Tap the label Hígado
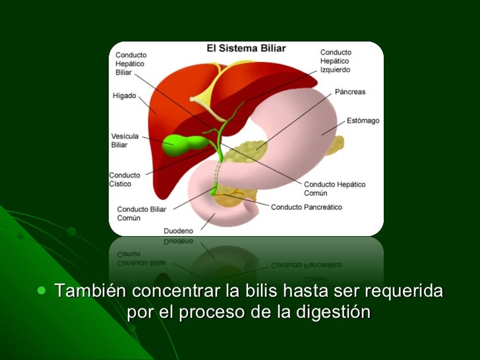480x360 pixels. pyautogui.click(x=124, y=96)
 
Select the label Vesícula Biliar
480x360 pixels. pyautogui.click(x=125, y=140)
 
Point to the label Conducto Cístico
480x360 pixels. pyautogui.click(x=125, y=179)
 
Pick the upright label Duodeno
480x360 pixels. pyautogui.click(x=178, y=231)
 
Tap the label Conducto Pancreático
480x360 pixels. pyautogui.click(x=307, y=206)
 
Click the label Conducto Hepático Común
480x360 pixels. pyautogui.click(x=334, y=189)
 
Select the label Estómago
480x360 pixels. pyautogui.click(x=363, y=121)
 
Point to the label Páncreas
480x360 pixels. pyautogui.click(x=349, y=92)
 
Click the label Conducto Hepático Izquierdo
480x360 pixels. pyautogui.click(x=336, y=60)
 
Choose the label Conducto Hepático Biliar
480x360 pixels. pyautogui.click(x=131, y=63)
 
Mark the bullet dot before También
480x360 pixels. pyautogui.click(x=43, y=290)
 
